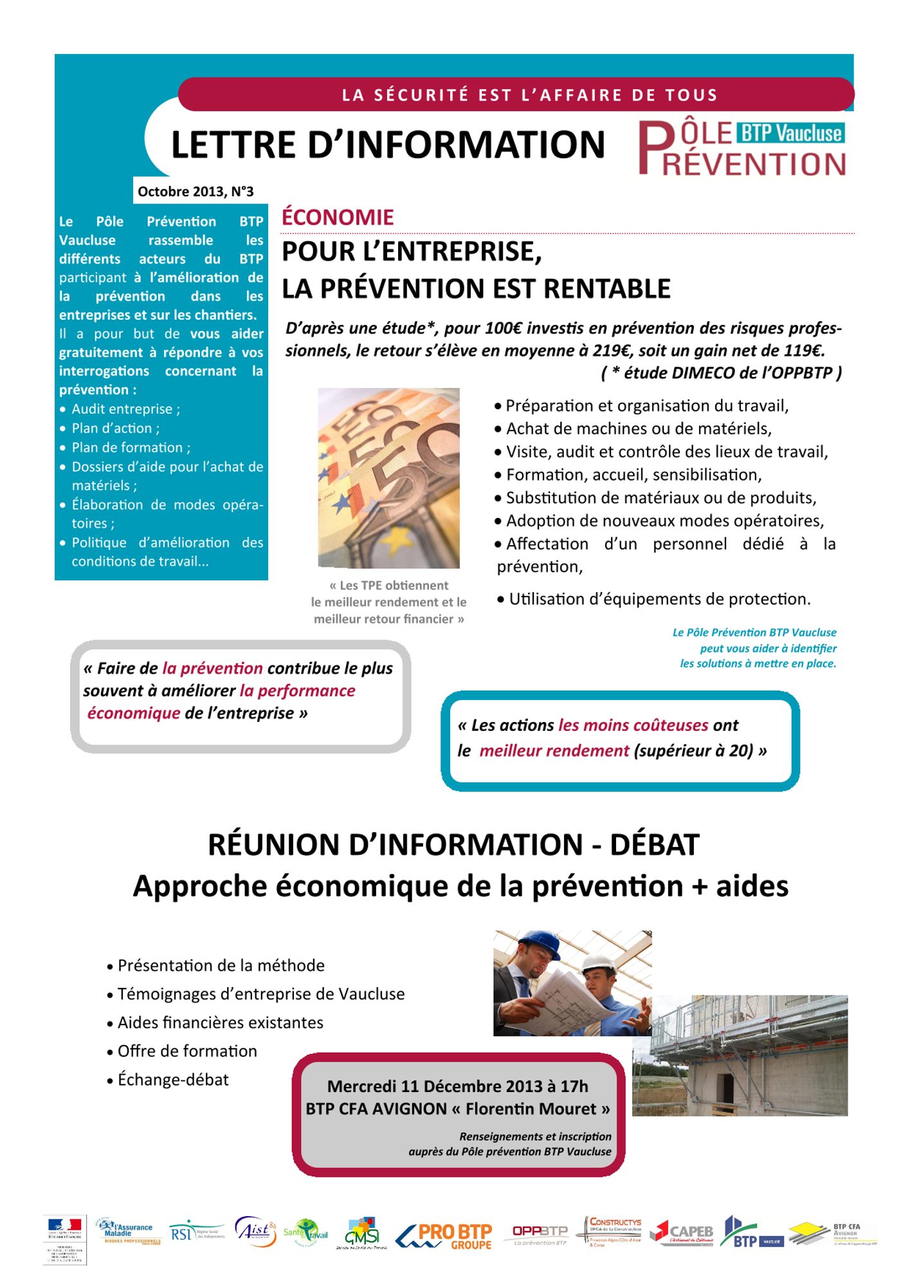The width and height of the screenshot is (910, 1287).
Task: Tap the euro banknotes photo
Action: click(388, 477)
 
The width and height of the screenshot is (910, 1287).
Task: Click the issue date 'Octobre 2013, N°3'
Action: click(196, 191)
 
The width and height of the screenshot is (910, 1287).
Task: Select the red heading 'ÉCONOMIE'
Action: click(338, 218)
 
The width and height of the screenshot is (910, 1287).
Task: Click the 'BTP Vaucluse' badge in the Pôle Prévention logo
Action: click(791, 133)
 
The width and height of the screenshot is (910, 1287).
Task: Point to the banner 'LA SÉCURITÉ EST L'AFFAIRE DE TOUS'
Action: click(529, 95)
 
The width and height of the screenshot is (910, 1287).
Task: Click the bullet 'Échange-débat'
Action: click(172, 1079)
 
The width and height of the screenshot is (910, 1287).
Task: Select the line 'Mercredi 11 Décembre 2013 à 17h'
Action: click(457, 1086)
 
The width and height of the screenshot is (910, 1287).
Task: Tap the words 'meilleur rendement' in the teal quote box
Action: click(554, 750)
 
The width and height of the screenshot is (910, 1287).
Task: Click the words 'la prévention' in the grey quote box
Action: click(212, 668)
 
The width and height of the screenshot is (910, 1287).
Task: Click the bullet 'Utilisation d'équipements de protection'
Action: click(659, 599)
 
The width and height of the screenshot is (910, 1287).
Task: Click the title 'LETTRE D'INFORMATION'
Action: click(388, 144)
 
